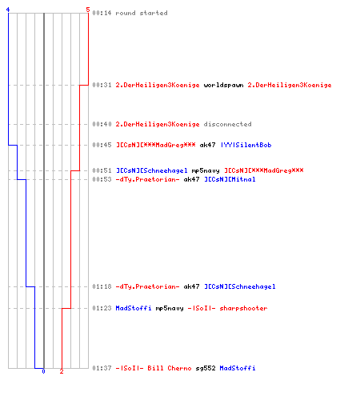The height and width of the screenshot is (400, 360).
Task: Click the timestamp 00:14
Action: (x=102, y=13)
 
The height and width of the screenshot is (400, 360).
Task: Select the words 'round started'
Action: (x=142, y=13)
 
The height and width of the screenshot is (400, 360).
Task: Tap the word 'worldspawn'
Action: (x=223, y=85)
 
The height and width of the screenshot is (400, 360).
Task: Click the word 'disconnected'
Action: (x=227, y=124)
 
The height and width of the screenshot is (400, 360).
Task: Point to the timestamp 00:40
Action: (x=102, y=124)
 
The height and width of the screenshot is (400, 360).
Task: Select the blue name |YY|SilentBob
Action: (x=246, y=145)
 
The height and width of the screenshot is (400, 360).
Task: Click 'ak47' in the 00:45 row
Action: (x=207, y=145)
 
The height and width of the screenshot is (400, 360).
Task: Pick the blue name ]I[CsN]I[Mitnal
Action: (x=230, y=179)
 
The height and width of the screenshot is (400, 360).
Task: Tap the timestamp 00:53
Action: (x=102, y=179)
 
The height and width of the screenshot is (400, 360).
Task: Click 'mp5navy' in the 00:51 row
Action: (x=206, y=170)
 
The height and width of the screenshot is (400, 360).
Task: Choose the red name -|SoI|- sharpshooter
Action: (x=227, y=308)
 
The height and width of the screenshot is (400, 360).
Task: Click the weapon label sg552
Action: (x=206, y=368)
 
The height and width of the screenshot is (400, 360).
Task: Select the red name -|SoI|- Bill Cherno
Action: (x=154, y=368)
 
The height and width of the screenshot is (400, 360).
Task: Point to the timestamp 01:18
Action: (x=102, y=286)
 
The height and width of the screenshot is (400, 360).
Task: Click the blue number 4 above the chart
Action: (x=8, y=10)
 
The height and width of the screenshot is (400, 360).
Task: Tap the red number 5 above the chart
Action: (x=88, y=10)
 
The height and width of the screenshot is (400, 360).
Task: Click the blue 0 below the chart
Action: (x=43, y=371)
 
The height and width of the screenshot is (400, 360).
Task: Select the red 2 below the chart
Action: (x=62, y=371)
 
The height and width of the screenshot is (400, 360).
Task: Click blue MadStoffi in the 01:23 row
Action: (x=134, y=308)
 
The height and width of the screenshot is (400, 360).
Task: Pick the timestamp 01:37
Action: (x=102, y=368)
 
